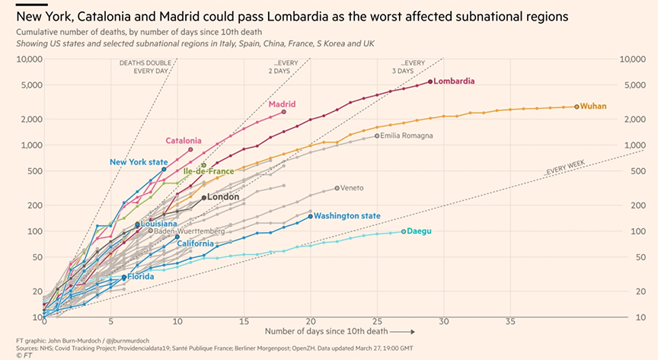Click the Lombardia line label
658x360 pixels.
tap(454, 81)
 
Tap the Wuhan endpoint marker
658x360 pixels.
tap(577, 107)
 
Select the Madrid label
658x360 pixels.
tap(282, 104)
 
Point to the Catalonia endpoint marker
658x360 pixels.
tap(190, 149)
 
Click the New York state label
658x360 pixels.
tap(139, 162)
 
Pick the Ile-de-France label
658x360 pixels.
tap(209, 171)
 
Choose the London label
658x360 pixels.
tap(223, 197)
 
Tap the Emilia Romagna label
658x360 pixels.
tap(406, 135)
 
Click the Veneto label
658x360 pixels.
tap(352, 188)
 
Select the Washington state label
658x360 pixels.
tap(347, 215)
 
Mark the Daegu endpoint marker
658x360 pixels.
tap(404, 231)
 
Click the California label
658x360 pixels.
tap(195, 244)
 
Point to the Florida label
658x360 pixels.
tap(141, 276)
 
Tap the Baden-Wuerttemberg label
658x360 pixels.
tap(190, 231)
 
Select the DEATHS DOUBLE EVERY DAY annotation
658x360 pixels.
tap(145, 67)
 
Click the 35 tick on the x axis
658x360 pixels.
tap(510, 322)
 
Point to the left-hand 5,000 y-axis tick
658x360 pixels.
tap(30, 85)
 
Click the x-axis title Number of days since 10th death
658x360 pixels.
tap(327, 331)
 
